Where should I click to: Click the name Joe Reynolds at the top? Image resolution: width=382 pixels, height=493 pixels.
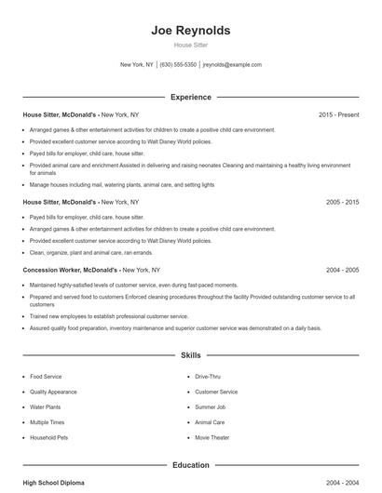[191, 31]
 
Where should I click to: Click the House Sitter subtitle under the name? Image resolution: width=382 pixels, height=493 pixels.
[191, 45]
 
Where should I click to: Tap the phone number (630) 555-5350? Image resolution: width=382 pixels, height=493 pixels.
[178, 65]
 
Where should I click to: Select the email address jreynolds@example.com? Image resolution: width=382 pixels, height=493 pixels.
[232, 65]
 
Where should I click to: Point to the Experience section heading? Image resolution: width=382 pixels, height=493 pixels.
[191, 97]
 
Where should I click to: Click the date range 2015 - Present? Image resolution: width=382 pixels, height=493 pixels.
[338, 115]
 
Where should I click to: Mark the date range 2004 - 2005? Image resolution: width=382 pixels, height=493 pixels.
[342, 270]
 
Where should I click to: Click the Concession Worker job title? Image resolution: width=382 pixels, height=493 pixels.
[61, 270]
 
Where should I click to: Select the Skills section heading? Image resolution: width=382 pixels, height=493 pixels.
[191, 355]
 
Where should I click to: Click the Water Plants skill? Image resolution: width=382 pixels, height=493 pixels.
[45, 406]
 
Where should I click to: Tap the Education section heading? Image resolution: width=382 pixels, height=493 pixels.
[191, 464]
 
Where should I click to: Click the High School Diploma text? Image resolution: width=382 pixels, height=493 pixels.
[54, 484]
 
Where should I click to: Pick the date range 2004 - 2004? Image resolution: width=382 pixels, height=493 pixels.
[342, 484]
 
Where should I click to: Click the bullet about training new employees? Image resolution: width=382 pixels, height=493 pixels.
[108, 316]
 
